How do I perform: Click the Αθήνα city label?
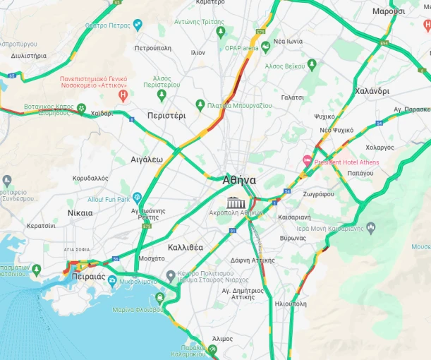pyautogui.click(x=239, y=179)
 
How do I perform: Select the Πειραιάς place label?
pyautogui.click(x=88, y=277)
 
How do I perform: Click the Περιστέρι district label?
pyautogui.click(x=166, y=115)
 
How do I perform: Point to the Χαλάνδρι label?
pyautogui.click(x=372, y=92)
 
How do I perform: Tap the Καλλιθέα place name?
pyautogui.click(x=186, y=248)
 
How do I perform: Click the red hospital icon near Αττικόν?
pyautogui.click(x=123, y=95)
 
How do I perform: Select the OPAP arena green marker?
pyautogui.click(x=266, y=47)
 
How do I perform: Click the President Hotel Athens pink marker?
pyautogui.click(x=307, y=162)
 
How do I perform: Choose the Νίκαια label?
pyautogui.click(x=80, y=212)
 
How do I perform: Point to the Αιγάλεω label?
pyautogui.click(x=147, y=160)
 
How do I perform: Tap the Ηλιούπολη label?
pyautogui.click(x=291, y=304)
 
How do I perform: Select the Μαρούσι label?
pyautogui.click(x=389, y=11)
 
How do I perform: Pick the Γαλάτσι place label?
pyautogui.click(x=292, y=97)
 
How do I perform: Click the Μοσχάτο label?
pyautogui.click(x=152, y=259)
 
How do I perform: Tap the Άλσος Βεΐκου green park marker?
pyautogui.click(x=312, y=66)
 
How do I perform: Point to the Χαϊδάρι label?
pyautogui.click(x=102, y=113)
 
